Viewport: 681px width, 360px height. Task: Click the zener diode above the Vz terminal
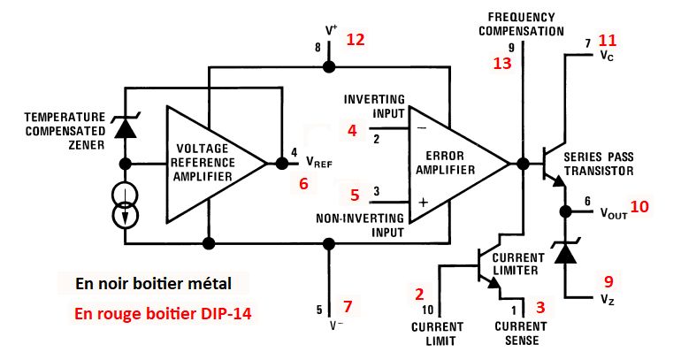(x=565, y=252)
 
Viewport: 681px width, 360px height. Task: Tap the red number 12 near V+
(x=356, y=40)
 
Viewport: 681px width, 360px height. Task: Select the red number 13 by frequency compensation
(x=502, y=64)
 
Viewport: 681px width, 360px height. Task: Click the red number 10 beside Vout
(x=639, y=206)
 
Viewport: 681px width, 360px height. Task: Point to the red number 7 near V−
(x=348, y=307)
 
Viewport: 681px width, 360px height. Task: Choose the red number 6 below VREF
(x=303, y=184)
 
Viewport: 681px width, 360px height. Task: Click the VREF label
(x=318, y=162)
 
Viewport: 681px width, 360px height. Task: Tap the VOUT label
(x=614, y=213)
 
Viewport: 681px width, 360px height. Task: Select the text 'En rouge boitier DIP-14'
(x=163, y=313)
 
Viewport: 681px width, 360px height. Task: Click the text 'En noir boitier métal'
(x=153, y=284)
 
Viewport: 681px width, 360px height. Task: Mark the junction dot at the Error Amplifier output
(x=524, y=164)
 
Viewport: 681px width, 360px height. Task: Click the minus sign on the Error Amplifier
(x=421, y=128)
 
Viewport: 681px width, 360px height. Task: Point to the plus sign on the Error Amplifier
(x=423, y=203)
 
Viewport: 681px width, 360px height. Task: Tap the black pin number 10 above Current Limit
(x=428, y=310)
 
